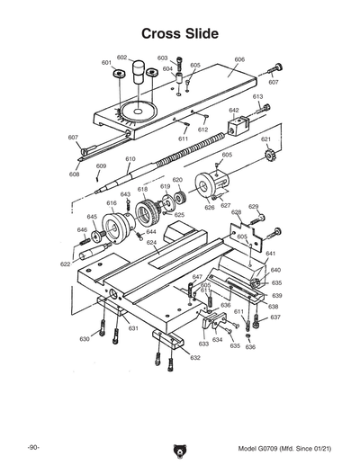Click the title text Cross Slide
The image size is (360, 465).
coord(180,33)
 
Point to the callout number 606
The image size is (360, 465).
coord(239,59)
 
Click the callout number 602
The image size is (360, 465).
coord(122,57)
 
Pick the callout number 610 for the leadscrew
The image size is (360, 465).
coord(130,159)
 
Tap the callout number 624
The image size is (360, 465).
coord(152,243)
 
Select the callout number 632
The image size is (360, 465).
coord(195,358)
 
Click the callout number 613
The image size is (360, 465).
coord(257,96)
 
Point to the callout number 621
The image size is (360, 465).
coord(265,139)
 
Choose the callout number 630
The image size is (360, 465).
coord(85,339)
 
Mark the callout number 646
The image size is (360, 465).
coord(82,230)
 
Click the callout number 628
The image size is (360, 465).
coord(236,212)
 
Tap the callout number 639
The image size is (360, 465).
coord(277,295)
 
